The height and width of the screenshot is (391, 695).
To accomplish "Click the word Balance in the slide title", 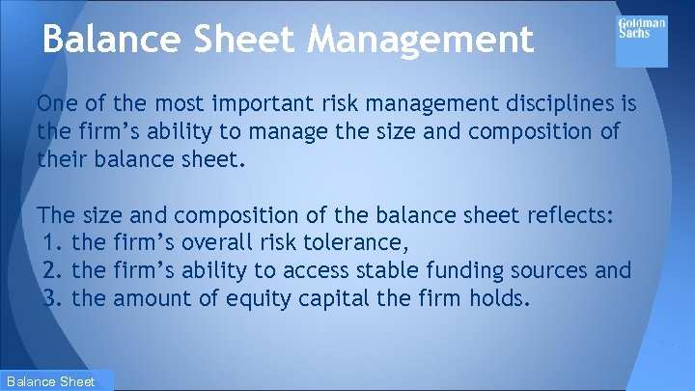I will [x=105, y=39].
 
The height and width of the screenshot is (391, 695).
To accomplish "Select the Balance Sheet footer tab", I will [x=57, y=381].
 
